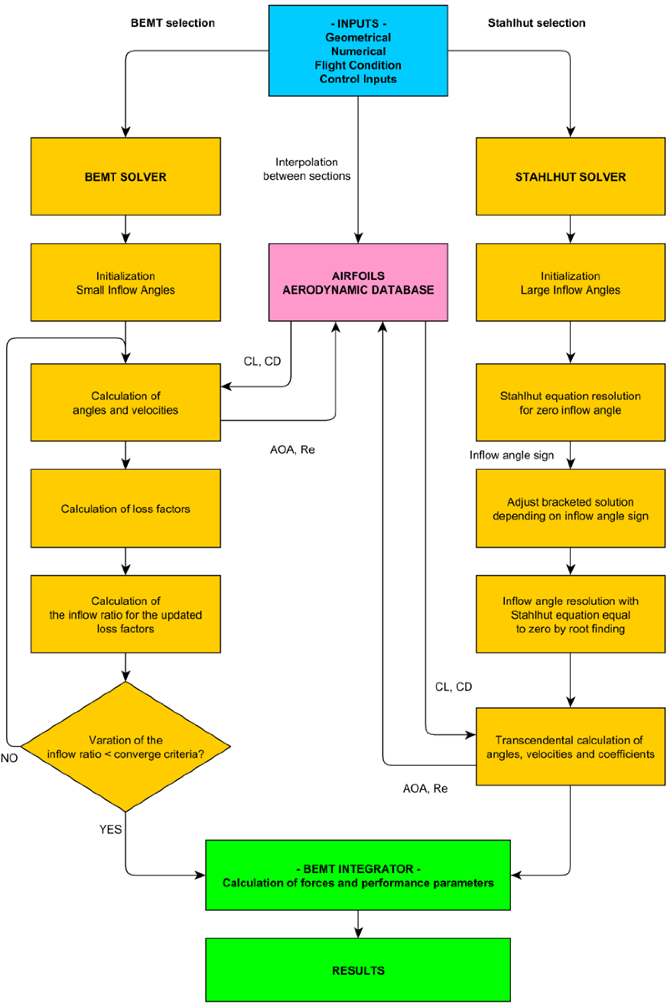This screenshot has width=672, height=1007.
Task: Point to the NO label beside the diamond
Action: click(9, 758)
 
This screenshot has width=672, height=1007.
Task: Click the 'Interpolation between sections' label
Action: click(307, 169)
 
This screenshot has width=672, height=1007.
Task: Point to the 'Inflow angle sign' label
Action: click(511, 455)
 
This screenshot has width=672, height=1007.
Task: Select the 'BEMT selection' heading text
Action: click(172, 23)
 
